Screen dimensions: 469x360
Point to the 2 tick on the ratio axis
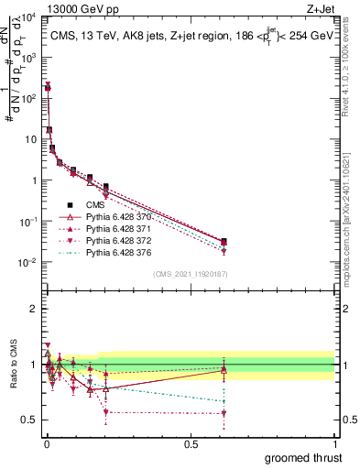point(35,309)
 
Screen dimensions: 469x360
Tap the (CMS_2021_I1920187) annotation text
point(191,274)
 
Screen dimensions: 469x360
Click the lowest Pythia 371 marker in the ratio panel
point(224,413)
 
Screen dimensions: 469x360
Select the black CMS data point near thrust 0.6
point(224,241)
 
